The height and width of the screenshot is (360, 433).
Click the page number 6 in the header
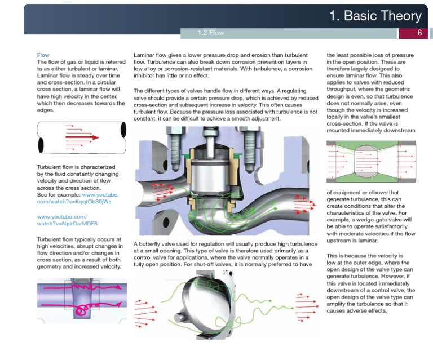419,33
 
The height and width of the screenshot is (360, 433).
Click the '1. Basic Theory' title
375,16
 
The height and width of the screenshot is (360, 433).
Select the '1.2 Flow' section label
211,33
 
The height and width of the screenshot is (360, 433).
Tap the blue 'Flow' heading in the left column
43,55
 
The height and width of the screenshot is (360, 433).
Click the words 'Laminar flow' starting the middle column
152,55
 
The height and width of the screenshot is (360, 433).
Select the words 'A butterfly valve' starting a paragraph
158,243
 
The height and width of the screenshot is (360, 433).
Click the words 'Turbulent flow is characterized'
75,167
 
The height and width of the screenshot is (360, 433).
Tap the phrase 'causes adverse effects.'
356,310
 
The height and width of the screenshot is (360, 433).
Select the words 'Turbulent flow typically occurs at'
79,239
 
